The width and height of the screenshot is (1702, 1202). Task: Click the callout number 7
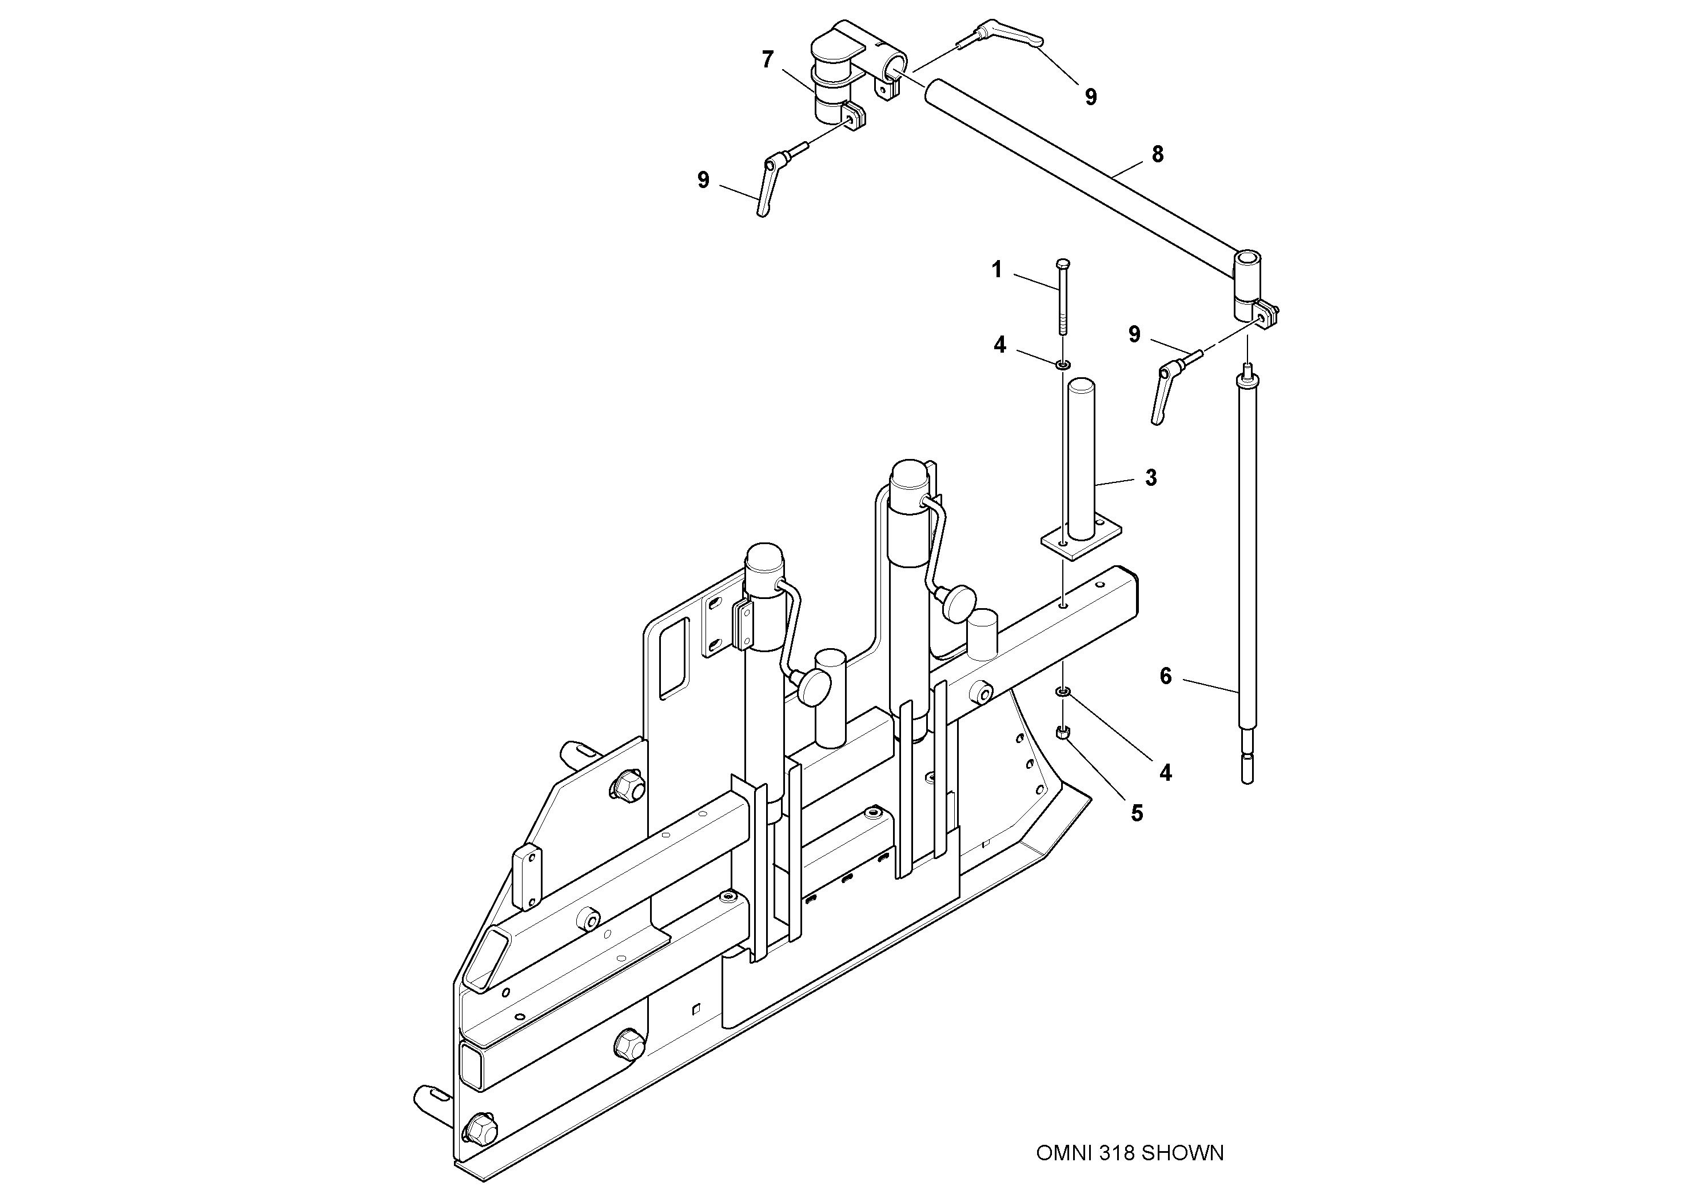[767, 59]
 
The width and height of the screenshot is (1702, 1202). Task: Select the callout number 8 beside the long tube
[1157, 154]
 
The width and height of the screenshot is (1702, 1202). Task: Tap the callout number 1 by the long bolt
[997, 270]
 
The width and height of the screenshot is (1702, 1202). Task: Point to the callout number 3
[1150, 478]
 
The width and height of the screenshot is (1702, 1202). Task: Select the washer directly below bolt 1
[1063, 365]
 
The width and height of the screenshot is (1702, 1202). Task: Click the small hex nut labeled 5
[1062, 732]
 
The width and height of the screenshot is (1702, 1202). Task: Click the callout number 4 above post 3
[1000, 345]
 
